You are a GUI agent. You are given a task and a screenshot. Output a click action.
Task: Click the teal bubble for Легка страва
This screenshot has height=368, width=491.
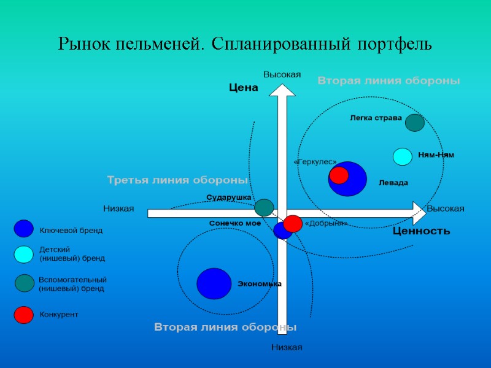click(x=414, y=123)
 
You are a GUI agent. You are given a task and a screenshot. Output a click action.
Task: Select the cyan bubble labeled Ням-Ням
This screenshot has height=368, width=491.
click(x=403, y=157)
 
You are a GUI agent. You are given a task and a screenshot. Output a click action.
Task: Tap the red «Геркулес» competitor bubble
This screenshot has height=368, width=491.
click(x=339, y=175)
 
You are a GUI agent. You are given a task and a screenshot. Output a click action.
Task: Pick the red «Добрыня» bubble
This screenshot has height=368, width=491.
click(x=293, y=223)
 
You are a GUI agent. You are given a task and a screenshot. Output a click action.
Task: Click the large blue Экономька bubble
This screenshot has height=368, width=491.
click(x=214, y=283)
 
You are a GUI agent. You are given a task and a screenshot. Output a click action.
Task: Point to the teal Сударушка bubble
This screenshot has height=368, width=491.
click(x=264, y=207)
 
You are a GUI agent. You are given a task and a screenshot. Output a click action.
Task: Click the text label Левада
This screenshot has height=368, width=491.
click(x=393, y=183)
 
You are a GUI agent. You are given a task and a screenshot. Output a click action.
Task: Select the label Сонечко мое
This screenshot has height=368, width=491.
click(x=235, y=223)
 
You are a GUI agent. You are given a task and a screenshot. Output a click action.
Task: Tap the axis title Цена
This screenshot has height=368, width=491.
click(x=243, y=88)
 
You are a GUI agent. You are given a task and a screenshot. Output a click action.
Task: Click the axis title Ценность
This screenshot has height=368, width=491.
click(x=421, y=231)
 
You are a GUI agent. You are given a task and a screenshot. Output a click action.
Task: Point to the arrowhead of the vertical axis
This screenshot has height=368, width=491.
click(x=282, y=90)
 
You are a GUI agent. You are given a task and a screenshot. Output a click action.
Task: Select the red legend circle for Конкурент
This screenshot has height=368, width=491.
click(x=23, y=315)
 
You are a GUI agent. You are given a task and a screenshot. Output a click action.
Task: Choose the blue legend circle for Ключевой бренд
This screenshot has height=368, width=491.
click(x=23, y=229)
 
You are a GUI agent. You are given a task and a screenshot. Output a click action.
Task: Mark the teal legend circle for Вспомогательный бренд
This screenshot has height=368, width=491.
click(x=25, y=283)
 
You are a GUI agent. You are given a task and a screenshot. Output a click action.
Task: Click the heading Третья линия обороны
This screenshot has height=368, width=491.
click(x=177, y=180)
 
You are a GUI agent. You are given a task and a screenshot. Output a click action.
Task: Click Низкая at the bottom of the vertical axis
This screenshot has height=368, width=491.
click(x=287, y=348)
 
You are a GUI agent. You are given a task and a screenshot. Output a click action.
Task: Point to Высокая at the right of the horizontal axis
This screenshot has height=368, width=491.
click(x=446, y=209)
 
